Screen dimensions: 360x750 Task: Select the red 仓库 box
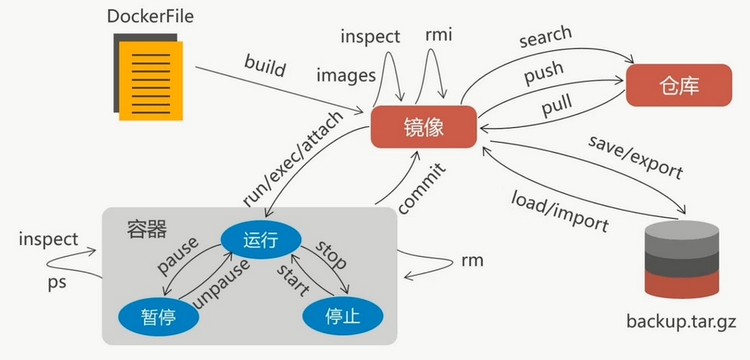pyautogui.click(x=679, y=85)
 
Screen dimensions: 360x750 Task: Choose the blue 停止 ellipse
pyautogui.click(x=343, y=315)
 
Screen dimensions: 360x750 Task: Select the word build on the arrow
pyautogui.click(x=264, y=66)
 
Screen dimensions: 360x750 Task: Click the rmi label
pyautogui.click(x=438, y=36)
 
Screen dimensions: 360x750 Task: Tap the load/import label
pyautogui.click(x=560, y=211)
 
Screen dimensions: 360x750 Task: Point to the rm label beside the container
pyautogui.click(x=472, y=262)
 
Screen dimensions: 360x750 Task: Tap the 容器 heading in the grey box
pyautogui.click(x=147, y=229)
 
